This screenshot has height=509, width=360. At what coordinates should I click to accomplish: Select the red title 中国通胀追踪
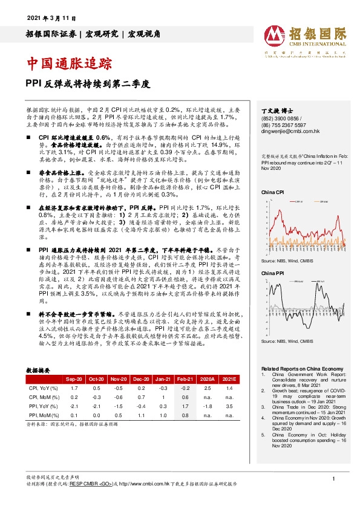click(70, 62)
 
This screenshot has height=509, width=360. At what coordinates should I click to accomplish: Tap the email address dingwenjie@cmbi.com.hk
click(290, 131)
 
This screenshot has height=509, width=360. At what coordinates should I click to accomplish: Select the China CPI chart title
click(273, 192)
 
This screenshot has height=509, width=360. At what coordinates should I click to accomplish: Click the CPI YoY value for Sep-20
click(73, 387)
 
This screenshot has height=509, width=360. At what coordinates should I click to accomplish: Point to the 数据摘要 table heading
click(41, 369)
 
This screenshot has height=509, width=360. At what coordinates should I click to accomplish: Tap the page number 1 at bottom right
click(333, 479)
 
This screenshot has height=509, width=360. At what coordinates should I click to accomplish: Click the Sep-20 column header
click(74, 378)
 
